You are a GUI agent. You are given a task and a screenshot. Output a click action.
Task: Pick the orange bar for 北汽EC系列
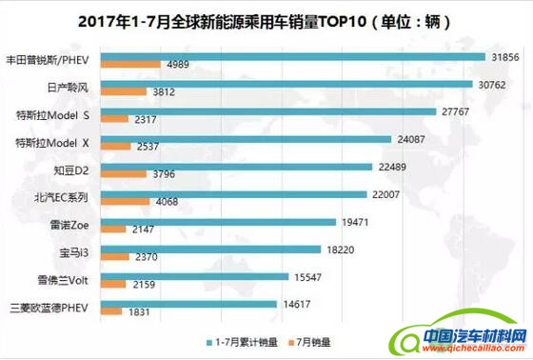point(123,201)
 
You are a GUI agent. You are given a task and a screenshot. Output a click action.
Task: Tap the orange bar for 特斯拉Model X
point(113,147)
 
